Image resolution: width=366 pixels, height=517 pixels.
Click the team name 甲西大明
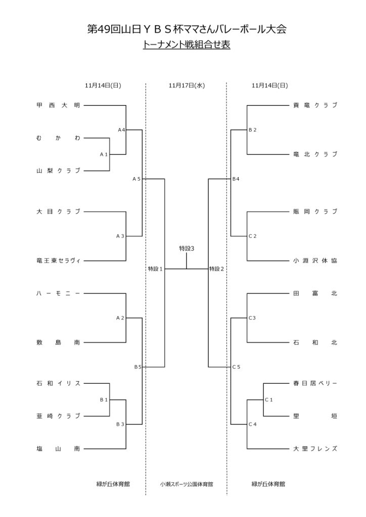(x=58, y=106)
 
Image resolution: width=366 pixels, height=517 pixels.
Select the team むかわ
(x=58, y=138)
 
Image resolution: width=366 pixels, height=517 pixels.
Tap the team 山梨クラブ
(x=58, y=171)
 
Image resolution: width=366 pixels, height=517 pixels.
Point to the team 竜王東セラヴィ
(x=58, y=261)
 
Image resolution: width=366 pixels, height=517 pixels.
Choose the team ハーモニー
(x=58, y=293)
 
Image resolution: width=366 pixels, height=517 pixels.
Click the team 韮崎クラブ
(x=58, y=416)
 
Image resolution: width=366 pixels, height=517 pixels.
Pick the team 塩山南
(x=58, y=448)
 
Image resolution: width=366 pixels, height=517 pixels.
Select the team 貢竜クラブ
(x=315, y=106)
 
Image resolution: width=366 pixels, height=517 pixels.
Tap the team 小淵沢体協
(x=315, y=261)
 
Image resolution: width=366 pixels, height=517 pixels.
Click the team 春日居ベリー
(x=315, y=383)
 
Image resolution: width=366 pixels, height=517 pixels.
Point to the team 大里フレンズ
(x=315, y=448)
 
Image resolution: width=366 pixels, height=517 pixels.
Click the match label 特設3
(x=187, y=248)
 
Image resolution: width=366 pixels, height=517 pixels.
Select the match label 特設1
(x=155, y=269)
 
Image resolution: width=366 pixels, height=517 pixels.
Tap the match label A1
(x=104, y=154)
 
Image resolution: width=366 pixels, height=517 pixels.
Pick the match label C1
(x=269, y=400)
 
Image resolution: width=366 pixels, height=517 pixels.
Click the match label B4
(x=236, y=179)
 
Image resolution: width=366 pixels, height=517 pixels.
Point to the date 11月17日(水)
(x=187, y=85)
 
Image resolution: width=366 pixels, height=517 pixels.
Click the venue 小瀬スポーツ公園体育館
(x=187, y=484)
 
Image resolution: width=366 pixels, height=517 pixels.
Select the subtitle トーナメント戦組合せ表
(x=187, y=45)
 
